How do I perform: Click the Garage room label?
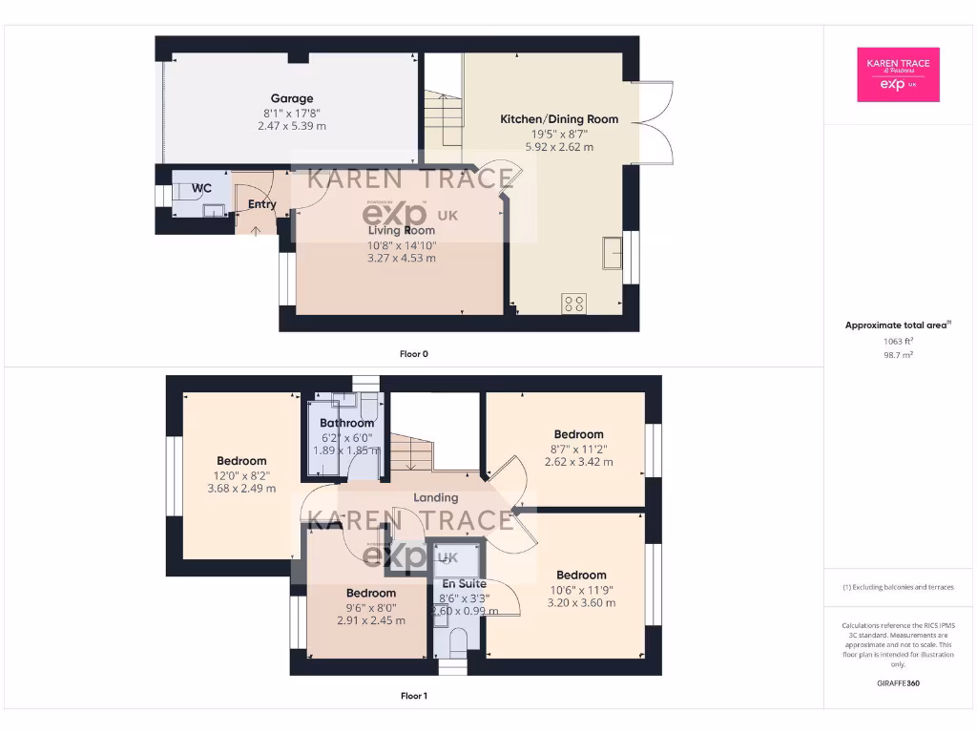tap(292, 98)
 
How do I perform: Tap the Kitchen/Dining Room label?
tap(559, 119)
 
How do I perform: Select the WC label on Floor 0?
tap(201, 188)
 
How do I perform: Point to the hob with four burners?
tap(574, 304)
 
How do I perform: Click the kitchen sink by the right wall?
tap(611, 253)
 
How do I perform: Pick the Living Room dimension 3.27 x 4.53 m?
tap(402, 258)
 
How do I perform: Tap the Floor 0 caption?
tap(413, 354)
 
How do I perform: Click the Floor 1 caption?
tap(413, 696)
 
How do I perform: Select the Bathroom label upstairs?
tap(346, 423)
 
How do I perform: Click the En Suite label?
tap(463, 583)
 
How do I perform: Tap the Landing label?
tap(435, 497)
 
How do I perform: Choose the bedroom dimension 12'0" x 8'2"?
tap(241, 474)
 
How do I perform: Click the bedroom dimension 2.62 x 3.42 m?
tap(578, 462)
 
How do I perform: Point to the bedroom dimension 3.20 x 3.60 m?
tap(581, 602)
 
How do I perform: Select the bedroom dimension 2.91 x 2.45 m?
tap(370, 619)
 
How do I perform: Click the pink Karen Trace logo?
tap(897, 74)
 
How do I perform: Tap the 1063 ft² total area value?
tap(897, 341)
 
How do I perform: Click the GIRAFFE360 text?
tap(897, 683)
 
